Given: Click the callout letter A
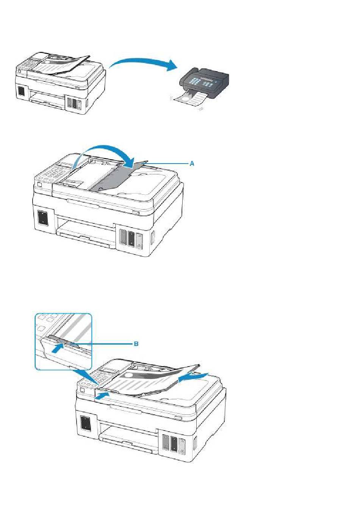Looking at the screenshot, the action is pos(192,163).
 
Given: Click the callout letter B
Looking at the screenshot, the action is pos(136,343).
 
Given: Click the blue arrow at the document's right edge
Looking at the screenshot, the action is pos(193,377).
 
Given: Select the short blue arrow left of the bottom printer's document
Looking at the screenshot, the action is pos(102,396).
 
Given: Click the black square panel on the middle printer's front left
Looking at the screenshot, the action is pos(42,217).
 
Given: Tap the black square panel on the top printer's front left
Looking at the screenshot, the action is pos(21,91).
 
